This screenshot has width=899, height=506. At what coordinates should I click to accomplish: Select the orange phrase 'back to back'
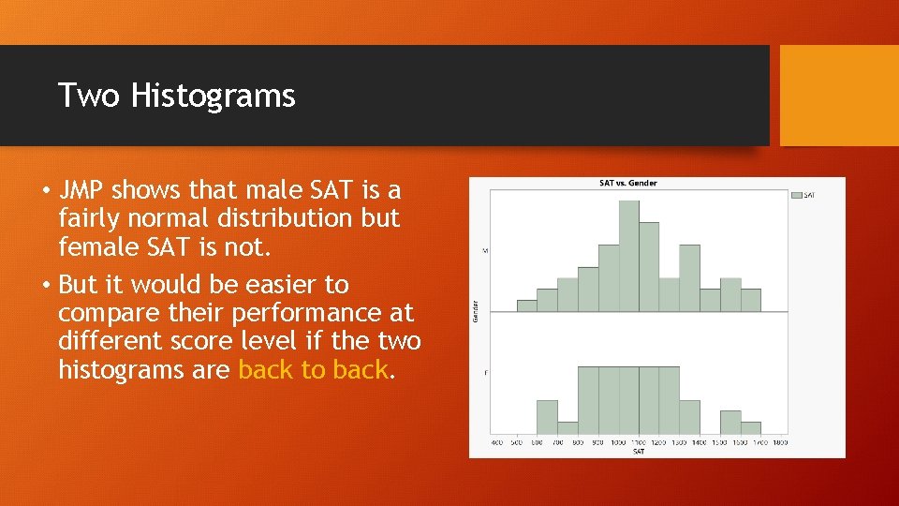[x=313, y=369]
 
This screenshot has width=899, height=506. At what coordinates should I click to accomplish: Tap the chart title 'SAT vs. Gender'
[x=627, y=183]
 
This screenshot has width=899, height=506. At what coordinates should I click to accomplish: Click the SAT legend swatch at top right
[x=797, y=195]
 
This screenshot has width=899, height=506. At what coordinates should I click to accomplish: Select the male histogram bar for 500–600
[x=527, y=305]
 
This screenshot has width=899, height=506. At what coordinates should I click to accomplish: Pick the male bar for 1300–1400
[x=689, y=277]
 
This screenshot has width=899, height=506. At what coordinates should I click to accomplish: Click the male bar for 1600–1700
[x=751, y=300]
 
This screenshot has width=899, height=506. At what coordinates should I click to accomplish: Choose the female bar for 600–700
[x=547, y=417]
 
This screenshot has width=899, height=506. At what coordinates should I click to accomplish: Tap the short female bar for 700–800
[x=567, y=428]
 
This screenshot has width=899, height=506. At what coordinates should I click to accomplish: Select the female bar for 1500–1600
[x=730, y=422]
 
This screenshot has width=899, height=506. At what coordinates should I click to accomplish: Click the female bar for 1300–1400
[x=689, y=417]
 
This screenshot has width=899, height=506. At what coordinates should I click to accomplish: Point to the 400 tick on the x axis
[x=496, y=441]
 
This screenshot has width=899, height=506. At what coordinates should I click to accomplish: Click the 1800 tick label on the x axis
[x=781, y=441]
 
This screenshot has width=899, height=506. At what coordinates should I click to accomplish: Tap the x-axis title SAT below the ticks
[x=638, y=451]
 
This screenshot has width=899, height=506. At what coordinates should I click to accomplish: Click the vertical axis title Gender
[x=476, y=312]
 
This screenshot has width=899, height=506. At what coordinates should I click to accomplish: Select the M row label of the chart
[x=485, y=250]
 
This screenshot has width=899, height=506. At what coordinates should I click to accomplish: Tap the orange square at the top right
[x=839, y=96]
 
